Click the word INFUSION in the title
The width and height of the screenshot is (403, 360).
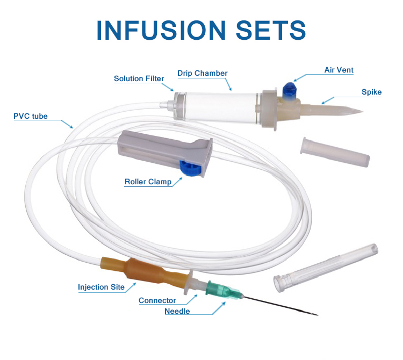pyautogui.click(x=161, y=30)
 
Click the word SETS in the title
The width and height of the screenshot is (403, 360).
pyautogui.click(x=271, y=30)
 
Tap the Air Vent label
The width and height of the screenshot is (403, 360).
pyautogui.click(x=339, y=70)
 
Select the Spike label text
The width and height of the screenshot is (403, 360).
pyautogui.click(x=371, y=92)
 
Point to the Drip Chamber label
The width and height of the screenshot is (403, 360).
pyautogui.click(x=203, y=73)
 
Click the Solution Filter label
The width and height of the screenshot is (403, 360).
pyautogui.click(x=139, y=78)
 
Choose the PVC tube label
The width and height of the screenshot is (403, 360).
pyautogui.click(x=31, y=116)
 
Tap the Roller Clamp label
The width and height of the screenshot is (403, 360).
pyautogui.click(x=148, y=182)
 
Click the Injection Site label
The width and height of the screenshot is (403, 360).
pyautogui.click(x=101, y=287)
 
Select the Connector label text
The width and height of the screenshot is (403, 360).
pyautogui.click(x=157, y=300)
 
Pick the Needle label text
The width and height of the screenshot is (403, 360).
pyautogui.click(x=177, y=311)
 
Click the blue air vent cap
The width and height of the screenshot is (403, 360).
pyautogui.click(x=290, y=91)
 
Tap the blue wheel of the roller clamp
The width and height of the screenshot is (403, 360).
pyautogui.click(x=190, y=168)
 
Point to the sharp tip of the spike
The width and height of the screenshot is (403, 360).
pyautogui.click(x=362, y=112)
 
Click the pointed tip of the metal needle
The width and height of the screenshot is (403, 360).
pyautogui.click(x=318, y=315)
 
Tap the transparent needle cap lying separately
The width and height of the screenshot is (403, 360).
pyautogui.click(x=326, y=268)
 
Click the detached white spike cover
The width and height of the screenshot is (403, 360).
pyautogui.click(x=335, y=152)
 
